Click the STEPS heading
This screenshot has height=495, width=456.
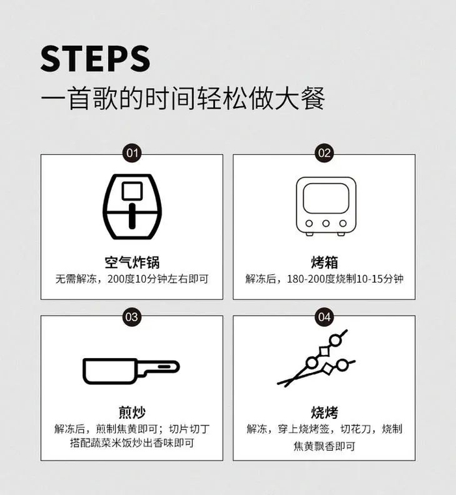95,59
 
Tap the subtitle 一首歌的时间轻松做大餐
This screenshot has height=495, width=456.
183,98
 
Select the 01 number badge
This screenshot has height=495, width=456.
132,153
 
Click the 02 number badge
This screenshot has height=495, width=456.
324,153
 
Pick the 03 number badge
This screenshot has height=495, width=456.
132,317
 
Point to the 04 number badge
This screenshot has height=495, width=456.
324,317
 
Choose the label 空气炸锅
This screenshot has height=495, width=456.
132,262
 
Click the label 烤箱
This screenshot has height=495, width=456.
324,262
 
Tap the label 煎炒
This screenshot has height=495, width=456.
132,412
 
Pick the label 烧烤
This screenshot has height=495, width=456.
324,412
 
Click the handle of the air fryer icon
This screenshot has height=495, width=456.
132,216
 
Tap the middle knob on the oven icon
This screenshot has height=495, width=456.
326,223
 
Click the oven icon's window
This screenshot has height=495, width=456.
326,199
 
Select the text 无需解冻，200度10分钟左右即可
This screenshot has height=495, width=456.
132,279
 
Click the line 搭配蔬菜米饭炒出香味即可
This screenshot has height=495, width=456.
132,443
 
